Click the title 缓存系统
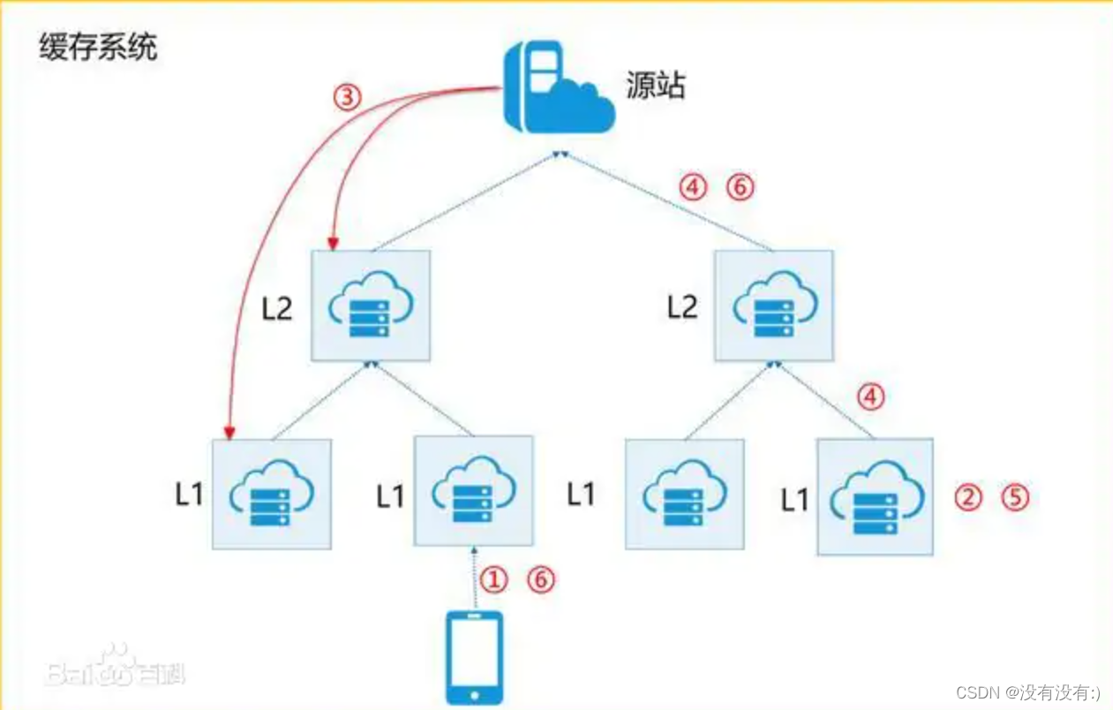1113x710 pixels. point(98,47)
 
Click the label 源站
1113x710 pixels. point(655,86)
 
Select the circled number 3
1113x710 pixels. point(348,96)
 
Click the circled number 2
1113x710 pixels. point(968,498)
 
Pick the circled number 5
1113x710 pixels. point(1015,498)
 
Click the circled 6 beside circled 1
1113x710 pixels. point(542,579)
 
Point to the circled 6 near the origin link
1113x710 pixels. point(740,187)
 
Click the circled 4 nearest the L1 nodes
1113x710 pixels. point(870,397)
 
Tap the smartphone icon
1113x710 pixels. point(474,657)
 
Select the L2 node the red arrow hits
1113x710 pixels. point(371,305)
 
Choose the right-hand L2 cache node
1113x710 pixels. point(773,305)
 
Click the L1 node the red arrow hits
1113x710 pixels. point(271,494)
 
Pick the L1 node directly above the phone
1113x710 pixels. point(473,491)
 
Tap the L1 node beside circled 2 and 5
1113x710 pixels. point(875,496)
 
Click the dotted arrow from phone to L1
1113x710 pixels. point(474,578)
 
